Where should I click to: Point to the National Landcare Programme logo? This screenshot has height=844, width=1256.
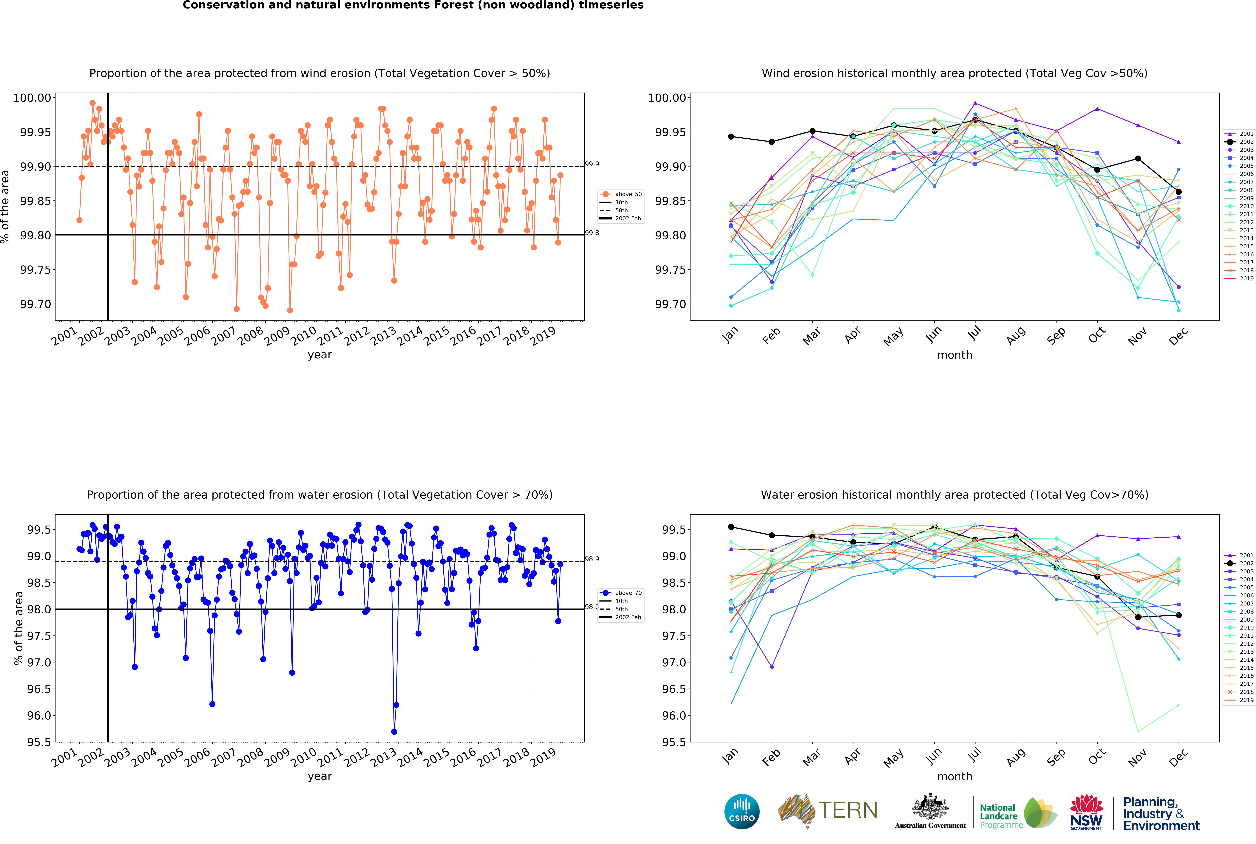coord(1017,813)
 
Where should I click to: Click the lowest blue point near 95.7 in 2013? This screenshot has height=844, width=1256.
coord(394,732)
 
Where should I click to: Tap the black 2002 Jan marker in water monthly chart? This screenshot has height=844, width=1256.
coord(731,527)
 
